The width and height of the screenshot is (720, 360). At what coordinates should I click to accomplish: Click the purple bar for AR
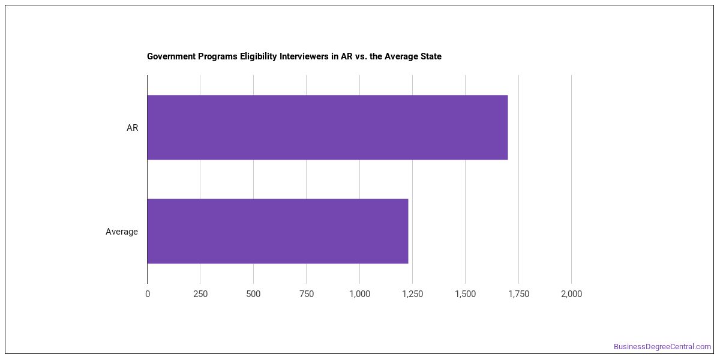click(328, 127)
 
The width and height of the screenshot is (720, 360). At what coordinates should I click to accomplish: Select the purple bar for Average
click(278, 231)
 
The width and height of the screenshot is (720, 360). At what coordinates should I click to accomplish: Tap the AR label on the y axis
click(132, 128)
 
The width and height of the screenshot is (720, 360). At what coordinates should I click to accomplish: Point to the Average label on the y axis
click(121, 232)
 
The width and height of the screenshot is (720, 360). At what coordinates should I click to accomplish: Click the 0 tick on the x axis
click(148, 294)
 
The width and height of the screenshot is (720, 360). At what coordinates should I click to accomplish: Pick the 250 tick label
click(200, 294)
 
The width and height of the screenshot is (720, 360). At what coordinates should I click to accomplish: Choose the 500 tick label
click(253, 294)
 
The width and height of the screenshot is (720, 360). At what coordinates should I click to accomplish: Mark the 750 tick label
click(307, 294)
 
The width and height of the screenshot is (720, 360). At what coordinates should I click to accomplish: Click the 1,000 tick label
click(359, 294)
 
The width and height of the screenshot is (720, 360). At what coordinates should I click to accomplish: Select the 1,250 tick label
click(413, 294)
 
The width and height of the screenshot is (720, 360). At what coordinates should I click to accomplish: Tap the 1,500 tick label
click(466, 294)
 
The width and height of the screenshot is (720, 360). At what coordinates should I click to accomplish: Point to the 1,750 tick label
click(518, 294)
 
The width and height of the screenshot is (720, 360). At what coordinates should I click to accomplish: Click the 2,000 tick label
click(571, 294)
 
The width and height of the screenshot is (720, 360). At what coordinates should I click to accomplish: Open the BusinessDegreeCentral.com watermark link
click(662, 347)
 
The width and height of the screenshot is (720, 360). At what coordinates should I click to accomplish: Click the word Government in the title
click(172, 56)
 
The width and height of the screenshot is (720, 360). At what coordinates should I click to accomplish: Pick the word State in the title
click(431, 56)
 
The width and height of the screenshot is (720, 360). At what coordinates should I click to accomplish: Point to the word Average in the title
click(401, 56)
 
